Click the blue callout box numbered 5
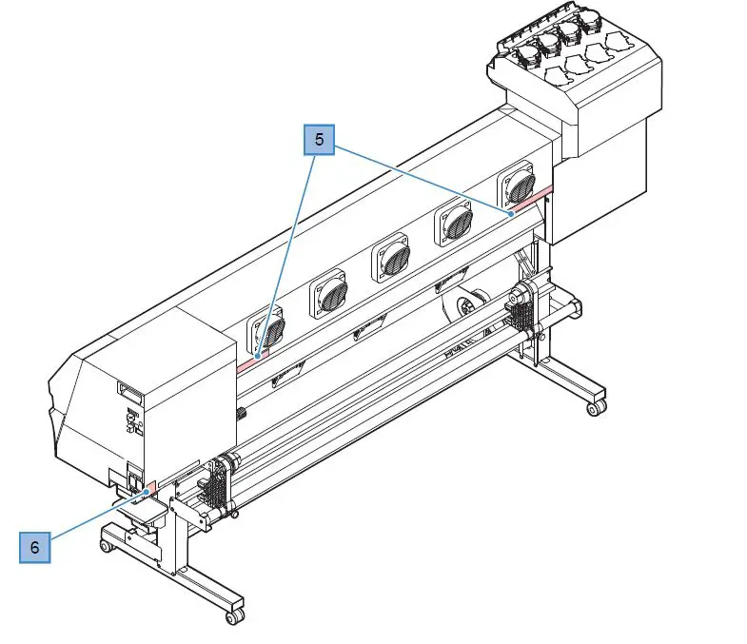pos(319,139)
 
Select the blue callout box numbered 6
pos(34,547)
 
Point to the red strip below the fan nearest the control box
pos(254,358)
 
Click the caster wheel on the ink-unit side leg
pos(597,407)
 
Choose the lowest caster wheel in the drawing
pos(233,616)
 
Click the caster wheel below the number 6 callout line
pos(108,547)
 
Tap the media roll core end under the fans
pos(465,307)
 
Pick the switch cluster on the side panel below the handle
pos(131,420)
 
